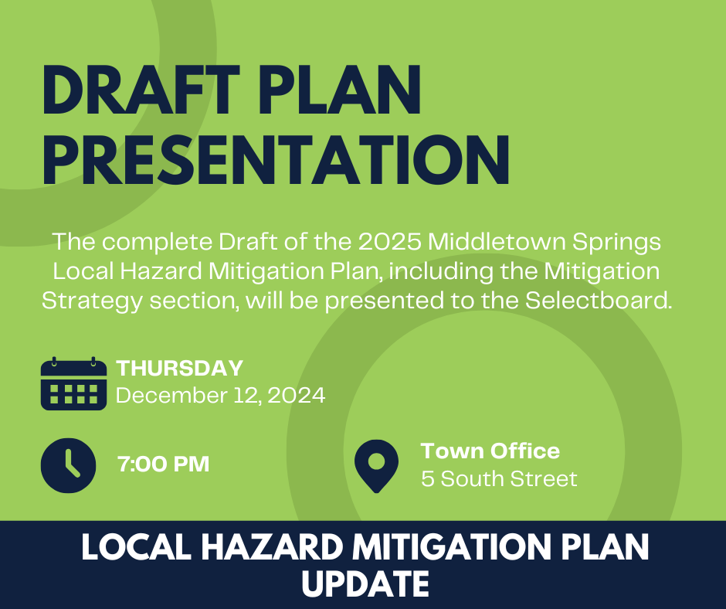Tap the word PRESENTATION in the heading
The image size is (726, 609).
(276, 160)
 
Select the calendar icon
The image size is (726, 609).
(73, 383)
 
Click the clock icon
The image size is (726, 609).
(68, 464)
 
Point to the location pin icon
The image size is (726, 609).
(376, 465)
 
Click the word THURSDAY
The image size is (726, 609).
(180, 369)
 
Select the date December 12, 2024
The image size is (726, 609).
(220, 396)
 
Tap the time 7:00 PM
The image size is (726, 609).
(164, 464)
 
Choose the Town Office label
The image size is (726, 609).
(490, 451)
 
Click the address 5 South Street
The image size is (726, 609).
(499, 479)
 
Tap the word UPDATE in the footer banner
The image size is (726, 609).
(365, 583)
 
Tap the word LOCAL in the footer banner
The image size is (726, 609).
(131, 548)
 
